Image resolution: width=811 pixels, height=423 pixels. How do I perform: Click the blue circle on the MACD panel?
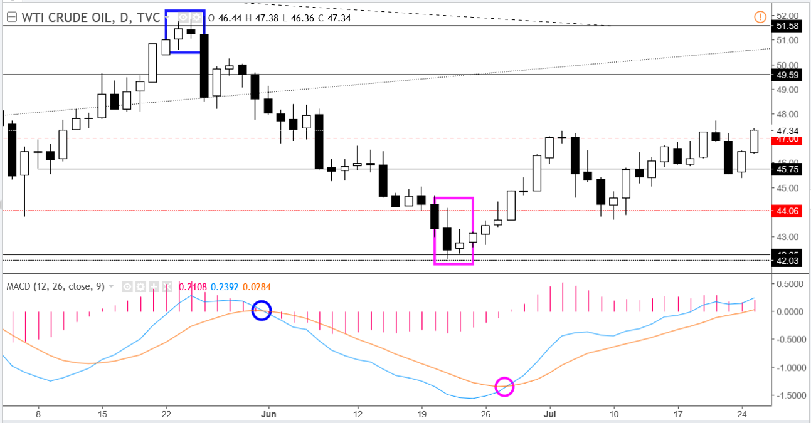[262, 310]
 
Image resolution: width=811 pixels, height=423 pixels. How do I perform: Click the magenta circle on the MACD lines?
[504, 387]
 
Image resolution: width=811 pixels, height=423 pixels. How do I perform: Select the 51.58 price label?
[787, 26]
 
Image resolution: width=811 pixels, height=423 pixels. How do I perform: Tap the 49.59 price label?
[787, 75]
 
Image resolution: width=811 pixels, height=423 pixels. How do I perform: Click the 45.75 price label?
[787, 169]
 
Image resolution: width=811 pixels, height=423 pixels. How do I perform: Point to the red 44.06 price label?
[787, 211]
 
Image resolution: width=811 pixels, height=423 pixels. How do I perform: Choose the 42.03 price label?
[787, 261]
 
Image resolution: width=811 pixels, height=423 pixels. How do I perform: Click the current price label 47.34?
[787, 131]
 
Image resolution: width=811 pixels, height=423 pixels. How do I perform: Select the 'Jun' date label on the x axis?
[268, 414]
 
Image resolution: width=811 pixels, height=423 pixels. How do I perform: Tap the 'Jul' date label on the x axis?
[550, 414]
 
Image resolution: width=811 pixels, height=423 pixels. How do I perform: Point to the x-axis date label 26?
[485, 414]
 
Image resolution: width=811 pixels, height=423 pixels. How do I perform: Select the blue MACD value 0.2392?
[223, 287]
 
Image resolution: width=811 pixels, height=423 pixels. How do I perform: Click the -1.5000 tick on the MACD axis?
[789, 396]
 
